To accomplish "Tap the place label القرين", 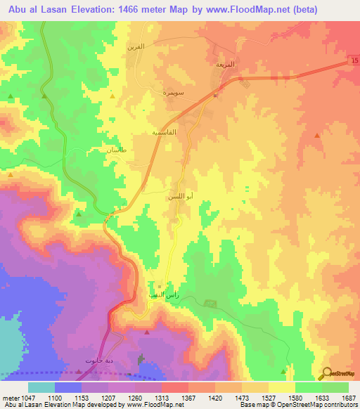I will point(135,46).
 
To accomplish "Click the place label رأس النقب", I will point(165,296).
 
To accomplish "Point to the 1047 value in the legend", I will point(20,397).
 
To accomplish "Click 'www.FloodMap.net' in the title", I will point(238,10).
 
